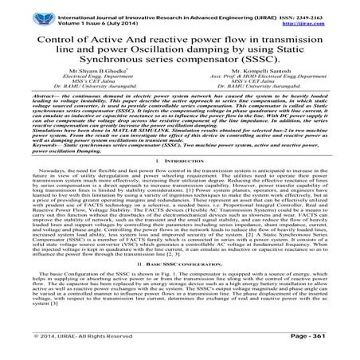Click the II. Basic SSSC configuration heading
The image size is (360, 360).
click(180, 284)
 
